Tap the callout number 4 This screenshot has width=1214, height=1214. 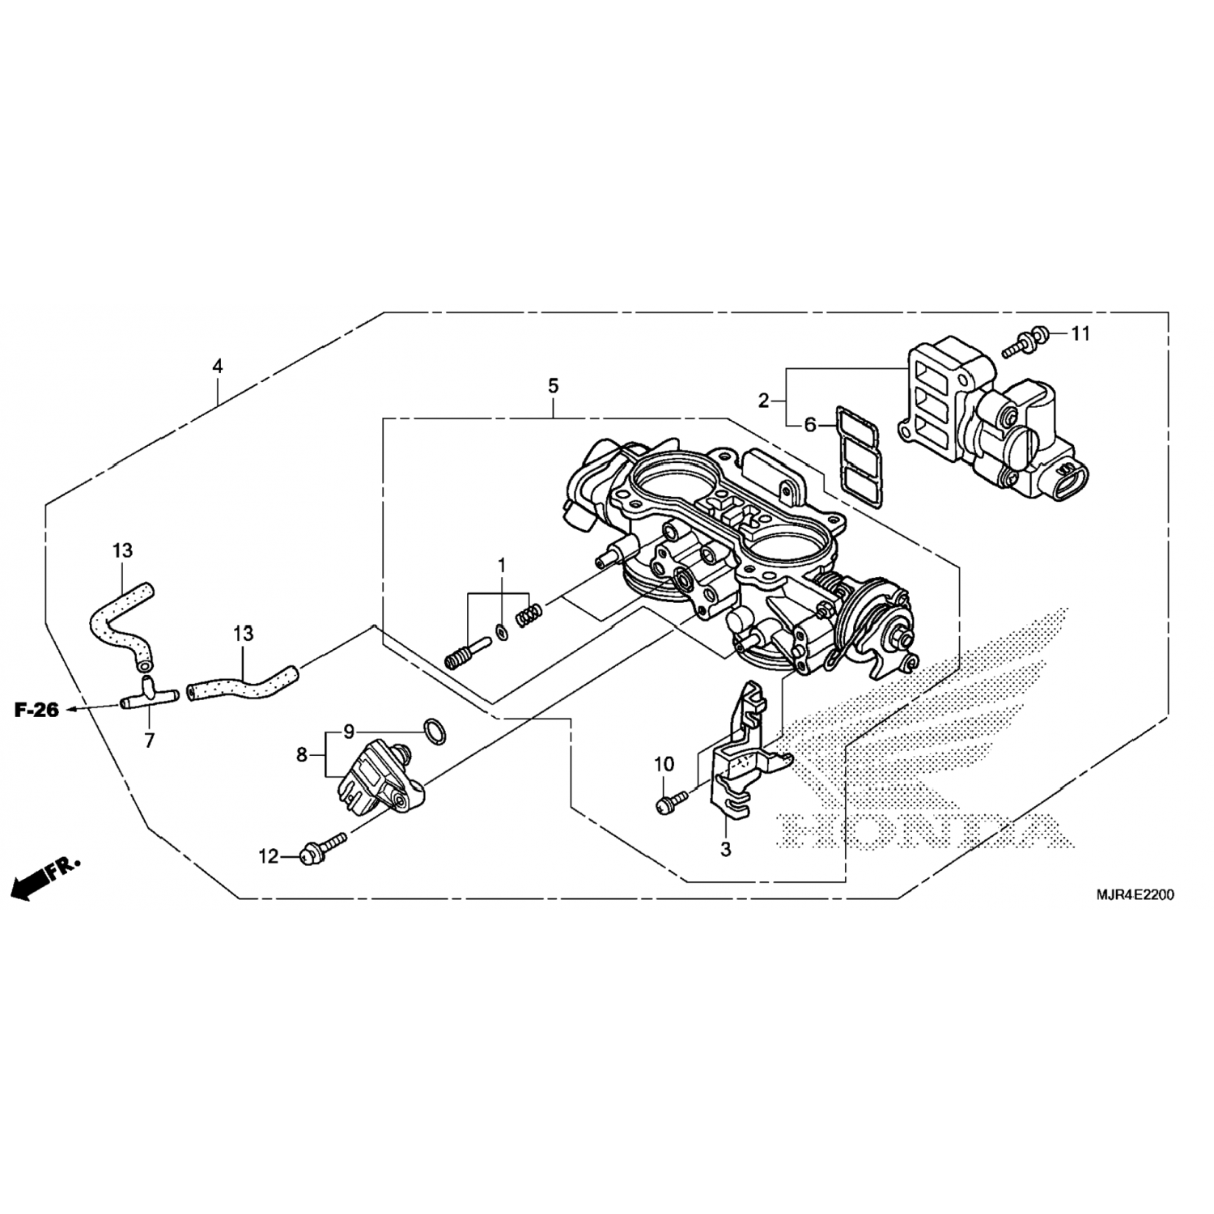(x=216, y=366)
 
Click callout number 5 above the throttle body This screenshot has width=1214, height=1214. (x=553, y=386)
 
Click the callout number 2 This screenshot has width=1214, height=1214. (x=762, y=400)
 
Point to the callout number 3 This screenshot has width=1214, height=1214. (x=725, y=849)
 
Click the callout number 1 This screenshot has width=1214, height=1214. (x=501, y=563)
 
